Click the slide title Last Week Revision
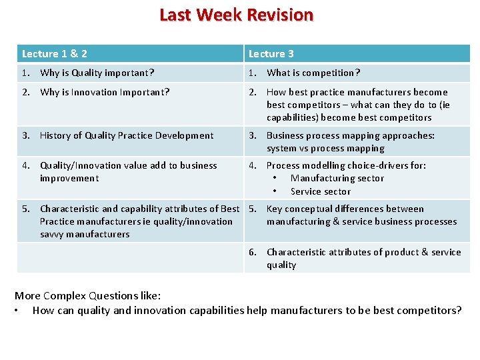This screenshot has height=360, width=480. click(x=236, y=15)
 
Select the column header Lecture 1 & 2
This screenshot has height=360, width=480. click(x=55, y=53)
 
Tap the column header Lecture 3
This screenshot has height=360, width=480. click(x=271, y=53)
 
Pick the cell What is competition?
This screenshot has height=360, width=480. click(x=313, y=73)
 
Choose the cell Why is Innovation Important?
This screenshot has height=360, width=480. click(x=105, y=92)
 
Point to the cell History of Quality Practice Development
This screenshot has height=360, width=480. click(x=127, y=135)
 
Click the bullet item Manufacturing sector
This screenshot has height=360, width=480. click(x=337, y=178)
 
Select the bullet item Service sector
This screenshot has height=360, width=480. click(x=321, y=191)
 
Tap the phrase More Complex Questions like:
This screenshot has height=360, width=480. click(x=87, y=295)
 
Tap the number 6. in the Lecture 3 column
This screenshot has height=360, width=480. click(x=253, y=252)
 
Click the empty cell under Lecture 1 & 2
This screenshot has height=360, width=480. click(x=130, y=258)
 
